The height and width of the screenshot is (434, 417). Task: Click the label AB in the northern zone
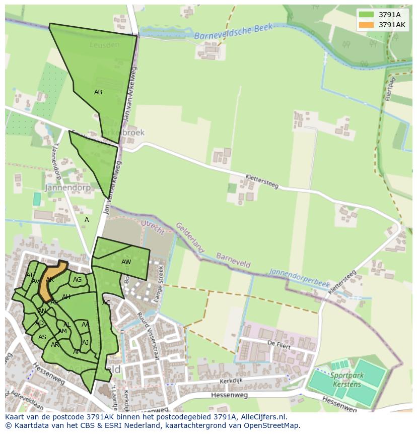[98, 92]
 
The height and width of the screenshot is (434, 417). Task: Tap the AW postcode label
[126, 262]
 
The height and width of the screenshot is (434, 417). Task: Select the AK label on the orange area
[49, 280]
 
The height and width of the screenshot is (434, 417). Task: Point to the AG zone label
[77, 280]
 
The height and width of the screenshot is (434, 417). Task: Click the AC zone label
[106, 303]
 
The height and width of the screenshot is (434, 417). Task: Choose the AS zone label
[42, 337]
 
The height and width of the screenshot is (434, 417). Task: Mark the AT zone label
[30, 275]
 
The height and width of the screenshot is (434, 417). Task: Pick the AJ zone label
[85, 343]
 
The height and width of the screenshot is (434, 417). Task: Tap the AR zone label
[55, 345]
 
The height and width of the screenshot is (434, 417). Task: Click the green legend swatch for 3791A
[366, 15]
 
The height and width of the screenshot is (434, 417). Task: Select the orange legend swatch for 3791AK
[366, 25]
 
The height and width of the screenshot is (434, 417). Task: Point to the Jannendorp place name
[67, 188]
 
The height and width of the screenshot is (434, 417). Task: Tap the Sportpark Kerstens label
[346, 379]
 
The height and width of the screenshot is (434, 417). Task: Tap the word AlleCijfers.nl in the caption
[262, 417]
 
